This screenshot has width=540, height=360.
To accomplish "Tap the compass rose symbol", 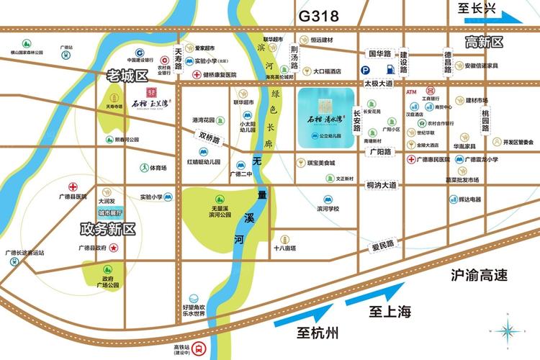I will (x=509, y=329).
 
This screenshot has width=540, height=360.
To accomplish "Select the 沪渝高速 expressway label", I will (x=479, y=274).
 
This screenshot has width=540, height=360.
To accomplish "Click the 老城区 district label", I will (x=127, y=75).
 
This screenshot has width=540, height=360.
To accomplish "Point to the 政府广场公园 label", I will (x=107, y=282).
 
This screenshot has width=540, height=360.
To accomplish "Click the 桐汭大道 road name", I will (x=381, y=185).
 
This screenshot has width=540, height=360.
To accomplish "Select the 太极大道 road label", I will (x=378, y=84).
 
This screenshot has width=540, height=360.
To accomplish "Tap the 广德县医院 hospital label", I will (x=73, y=196).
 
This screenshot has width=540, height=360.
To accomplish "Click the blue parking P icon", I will (x=366, y=70).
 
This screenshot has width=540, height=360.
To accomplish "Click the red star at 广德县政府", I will (x=114, y=248).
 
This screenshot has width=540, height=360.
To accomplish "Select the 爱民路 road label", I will (x=383, y=245).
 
